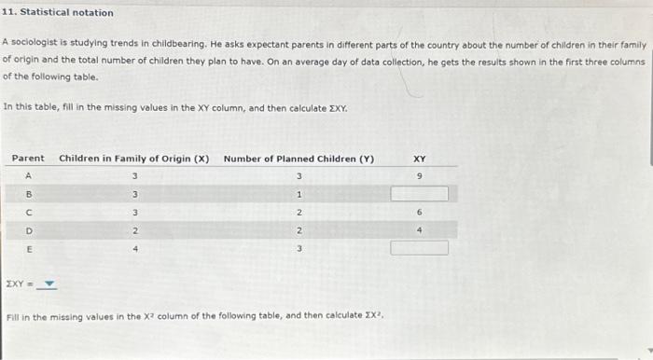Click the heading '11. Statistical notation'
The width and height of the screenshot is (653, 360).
click(58, 12)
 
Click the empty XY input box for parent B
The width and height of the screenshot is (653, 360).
click(420, 194)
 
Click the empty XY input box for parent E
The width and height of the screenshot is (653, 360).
click(420, 248)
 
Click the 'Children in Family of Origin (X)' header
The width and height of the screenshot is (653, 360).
click(134, 159)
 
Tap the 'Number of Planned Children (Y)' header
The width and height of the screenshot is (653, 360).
click(299, 159)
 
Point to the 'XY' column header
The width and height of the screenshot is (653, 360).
click(420, 159)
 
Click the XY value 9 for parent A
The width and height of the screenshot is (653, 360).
click(420, 176)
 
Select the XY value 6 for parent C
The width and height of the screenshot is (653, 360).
click(420, 213)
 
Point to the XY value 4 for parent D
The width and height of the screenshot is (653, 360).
click(420, 230)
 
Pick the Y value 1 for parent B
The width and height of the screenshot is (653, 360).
click(299, 194)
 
